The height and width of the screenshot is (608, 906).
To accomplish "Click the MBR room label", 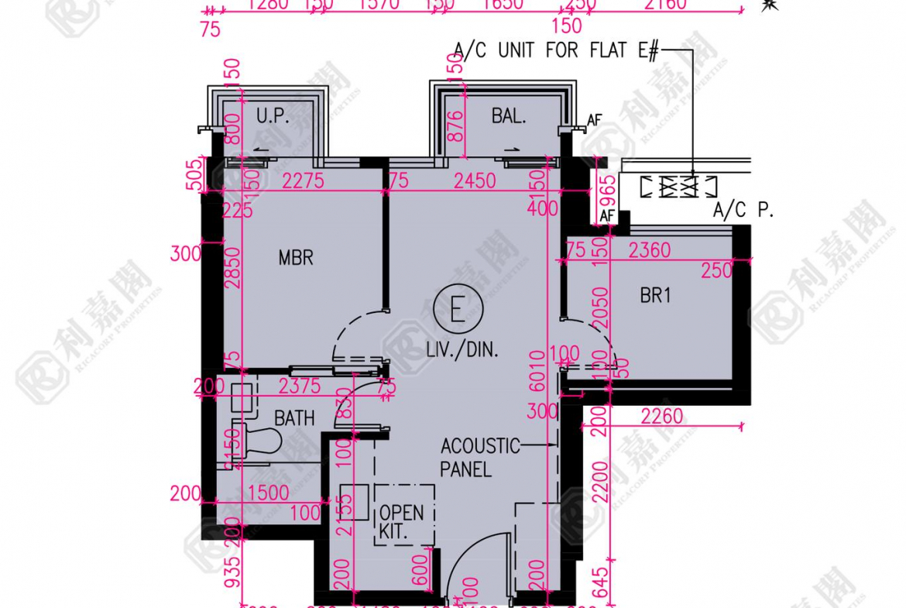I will point(296,257).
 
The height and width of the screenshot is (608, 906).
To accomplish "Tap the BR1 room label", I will point(655,296).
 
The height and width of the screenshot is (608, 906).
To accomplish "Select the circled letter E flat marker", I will point(458,311).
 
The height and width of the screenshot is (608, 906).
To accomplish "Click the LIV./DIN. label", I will point(462,350).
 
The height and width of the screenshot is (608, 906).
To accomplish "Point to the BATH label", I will point(294,418).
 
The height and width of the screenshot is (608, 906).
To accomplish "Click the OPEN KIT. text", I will point(401,522).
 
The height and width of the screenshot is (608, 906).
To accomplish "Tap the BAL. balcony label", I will point(509,117).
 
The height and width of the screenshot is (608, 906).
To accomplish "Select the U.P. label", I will point(273,117).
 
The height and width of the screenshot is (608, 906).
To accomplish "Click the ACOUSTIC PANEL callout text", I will point(479,457).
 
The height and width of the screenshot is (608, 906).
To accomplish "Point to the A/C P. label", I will point(743,210).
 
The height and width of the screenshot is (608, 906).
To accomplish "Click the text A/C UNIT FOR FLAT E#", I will point(556,51).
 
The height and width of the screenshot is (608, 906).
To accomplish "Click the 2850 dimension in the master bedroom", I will point(233,273).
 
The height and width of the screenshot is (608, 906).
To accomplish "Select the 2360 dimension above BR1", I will point(649,250).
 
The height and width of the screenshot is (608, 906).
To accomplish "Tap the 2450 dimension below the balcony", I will point(475,181).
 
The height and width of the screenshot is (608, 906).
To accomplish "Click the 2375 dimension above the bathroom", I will point(300,385).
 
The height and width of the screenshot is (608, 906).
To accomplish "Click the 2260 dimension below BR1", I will point(662,417).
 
